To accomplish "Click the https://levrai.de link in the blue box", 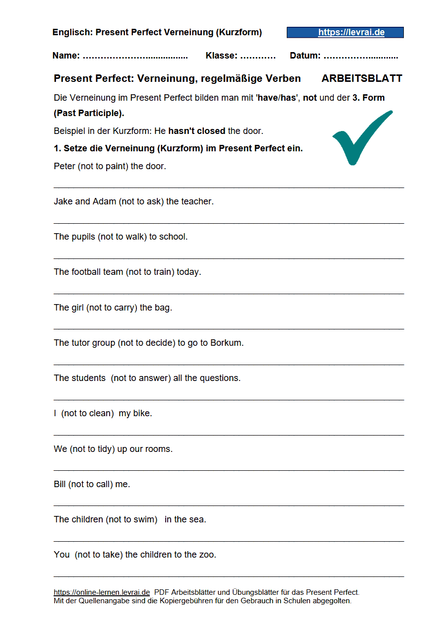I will point(351,33).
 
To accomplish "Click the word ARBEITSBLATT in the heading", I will point(362,78).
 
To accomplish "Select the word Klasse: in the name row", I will point(221,56).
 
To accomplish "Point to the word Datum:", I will point(305,56).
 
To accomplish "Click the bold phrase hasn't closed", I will point(197,131).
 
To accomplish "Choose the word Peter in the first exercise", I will point(64,166).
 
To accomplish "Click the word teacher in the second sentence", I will point(196,201).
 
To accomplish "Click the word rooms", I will point(158,449).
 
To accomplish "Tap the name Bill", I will point(60,484).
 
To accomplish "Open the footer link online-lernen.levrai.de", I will point(102,592).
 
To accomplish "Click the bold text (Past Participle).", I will point(89,113).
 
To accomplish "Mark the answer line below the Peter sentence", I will point(228,188).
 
